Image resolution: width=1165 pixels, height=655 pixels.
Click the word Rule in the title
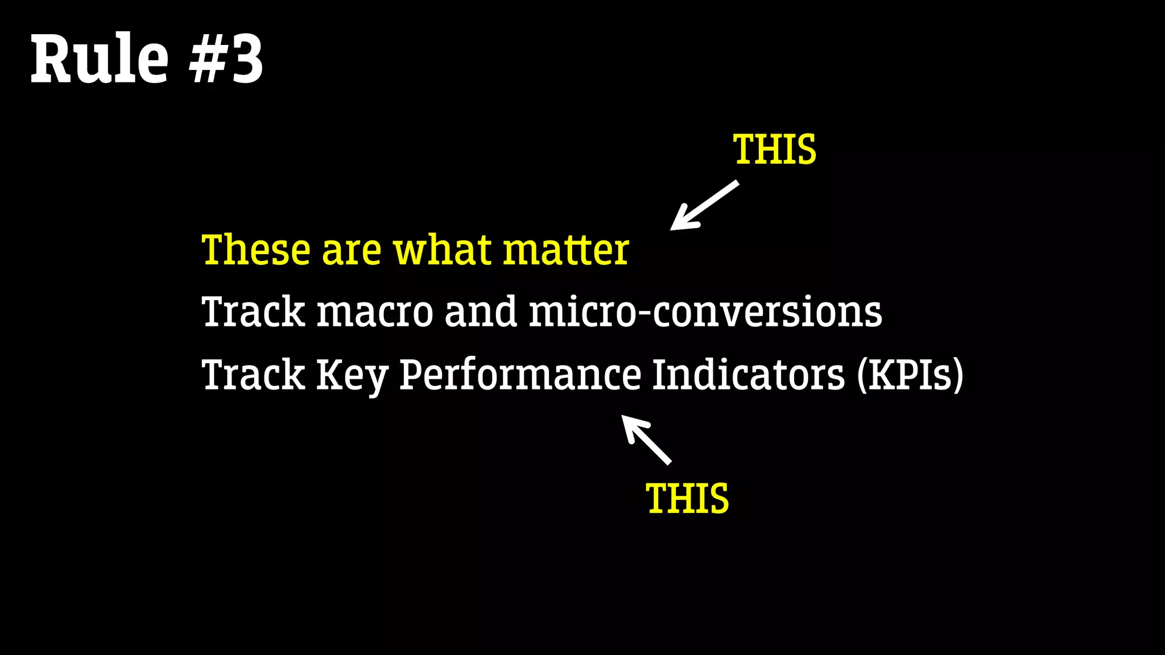[100, 59]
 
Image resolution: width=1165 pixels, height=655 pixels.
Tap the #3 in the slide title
[226, 59]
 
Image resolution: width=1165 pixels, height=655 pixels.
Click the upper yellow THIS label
[775, 150]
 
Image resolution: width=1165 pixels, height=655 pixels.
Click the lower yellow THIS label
[687, 499]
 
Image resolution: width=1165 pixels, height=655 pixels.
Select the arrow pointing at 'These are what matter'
[703, 206]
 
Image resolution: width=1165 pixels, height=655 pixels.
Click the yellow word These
[256, 250]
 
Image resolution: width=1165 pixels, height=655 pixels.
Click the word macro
[375, 312]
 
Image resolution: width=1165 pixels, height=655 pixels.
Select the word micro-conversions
[705, 312]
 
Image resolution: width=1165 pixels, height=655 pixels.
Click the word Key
[352, 375]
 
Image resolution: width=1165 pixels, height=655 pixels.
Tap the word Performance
[520, 375]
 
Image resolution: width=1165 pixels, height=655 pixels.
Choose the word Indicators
[748, 374]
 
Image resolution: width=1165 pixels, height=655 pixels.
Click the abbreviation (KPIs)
[910, 375]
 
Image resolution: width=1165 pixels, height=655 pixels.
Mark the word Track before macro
[254, 312]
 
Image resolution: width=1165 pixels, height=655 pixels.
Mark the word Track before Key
[254, 374]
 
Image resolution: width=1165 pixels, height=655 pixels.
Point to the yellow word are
[352, 251]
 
